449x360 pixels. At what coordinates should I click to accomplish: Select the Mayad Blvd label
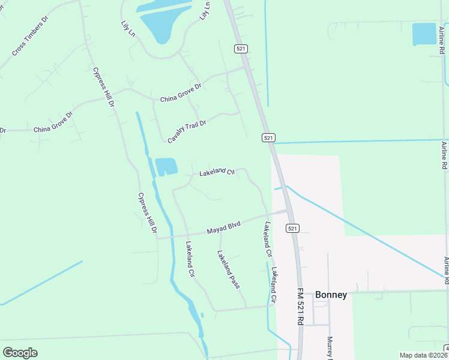(223, 227)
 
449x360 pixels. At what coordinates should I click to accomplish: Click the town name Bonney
(331, 295)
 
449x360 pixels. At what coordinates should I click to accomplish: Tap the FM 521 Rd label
(300, 305)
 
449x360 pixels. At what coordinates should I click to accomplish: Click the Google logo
(20, 352)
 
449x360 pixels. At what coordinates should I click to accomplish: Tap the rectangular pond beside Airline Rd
(424, 34)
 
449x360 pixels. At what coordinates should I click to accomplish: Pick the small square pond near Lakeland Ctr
(166, 166)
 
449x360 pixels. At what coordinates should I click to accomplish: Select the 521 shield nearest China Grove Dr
(241, 48)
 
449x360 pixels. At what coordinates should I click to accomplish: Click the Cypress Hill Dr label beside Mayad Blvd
(147, 212)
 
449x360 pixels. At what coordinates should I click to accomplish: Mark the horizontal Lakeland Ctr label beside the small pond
(217, 172)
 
